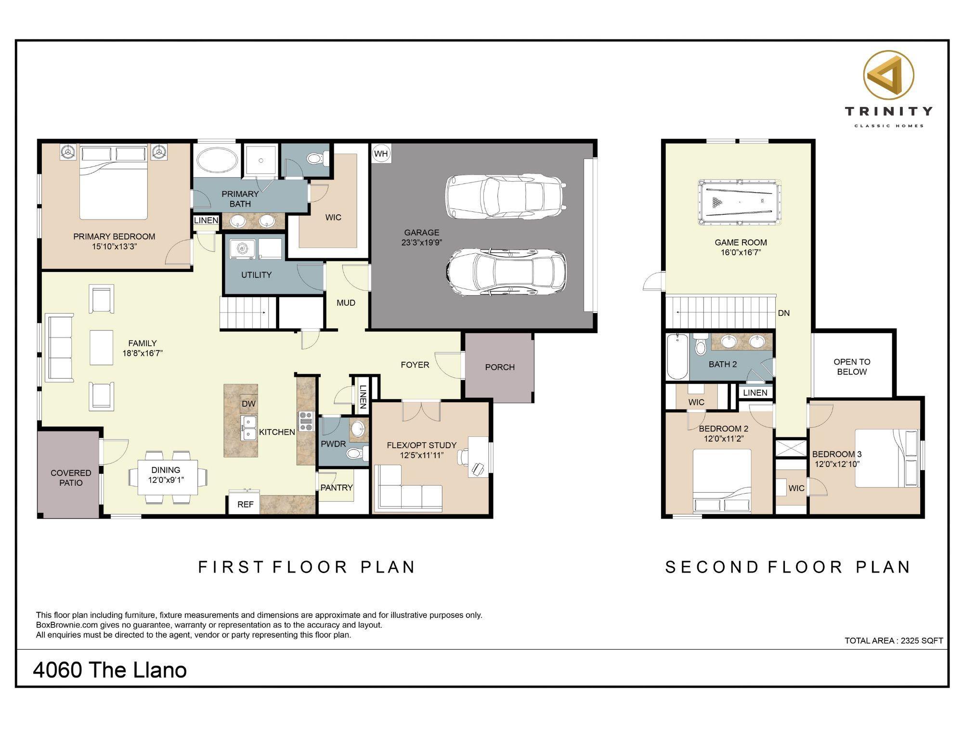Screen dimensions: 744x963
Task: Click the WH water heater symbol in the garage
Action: pos(381,154)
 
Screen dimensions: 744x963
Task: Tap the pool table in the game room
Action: pos(740,202)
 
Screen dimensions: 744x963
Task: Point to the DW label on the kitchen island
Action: pos(248,404)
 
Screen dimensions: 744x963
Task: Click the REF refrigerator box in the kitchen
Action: pos(245,504)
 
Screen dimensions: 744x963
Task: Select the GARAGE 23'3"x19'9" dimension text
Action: pos(422,242)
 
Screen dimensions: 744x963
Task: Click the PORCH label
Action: pos(500,367)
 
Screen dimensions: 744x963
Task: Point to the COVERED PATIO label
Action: pos(71,478)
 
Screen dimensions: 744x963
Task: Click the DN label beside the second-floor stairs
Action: pos(784,313)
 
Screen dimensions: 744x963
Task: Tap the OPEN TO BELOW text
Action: pos(852,366)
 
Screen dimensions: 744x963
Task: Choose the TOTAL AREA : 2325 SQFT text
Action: pos(894,640)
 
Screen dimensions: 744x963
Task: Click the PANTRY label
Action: pos(337,487)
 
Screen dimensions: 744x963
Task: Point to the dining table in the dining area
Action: pos(168,477)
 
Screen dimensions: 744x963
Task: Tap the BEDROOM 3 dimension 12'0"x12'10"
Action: pos(837,464)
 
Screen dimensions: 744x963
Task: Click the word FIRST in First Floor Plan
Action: pos(231,567)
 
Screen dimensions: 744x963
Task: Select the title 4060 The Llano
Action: pos(110,670)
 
